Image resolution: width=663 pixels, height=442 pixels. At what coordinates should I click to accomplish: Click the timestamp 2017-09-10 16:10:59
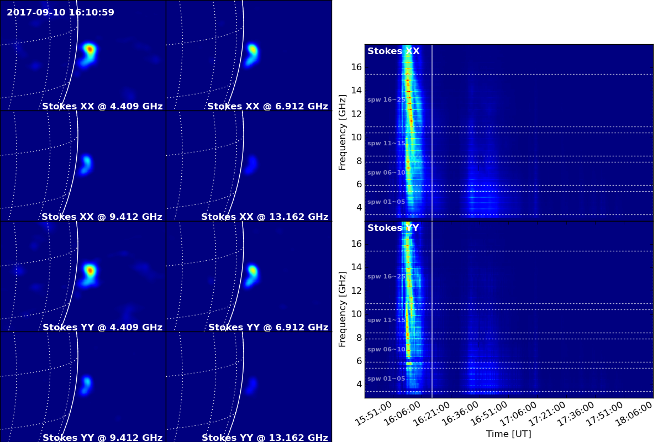[60, 12]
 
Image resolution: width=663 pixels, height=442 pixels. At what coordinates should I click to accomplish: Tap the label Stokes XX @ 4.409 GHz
[102, 106]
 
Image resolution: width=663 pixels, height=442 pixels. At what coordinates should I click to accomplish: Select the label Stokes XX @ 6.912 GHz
[267, 106]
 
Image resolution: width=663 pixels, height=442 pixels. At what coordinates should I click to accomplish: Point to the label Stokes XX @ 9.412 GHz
[102, 217]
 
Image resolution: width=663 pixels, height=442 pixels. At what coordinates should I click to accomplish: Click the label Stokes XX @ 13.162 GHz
[265, 217]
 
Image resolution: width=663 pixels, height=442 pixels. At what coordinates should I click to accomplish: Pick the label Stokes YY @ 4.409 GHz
[102, 327]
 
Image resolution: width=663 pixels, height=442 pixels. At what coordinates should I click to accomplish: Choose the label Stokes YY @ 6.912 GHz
[268, 327]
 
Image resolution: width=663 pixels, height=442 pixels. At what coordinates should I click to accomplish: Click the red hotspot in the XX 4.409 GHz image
[90, 49]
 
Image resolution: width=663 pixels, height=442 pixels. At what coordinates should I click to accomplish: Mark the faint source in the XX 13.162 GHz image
[251, 165]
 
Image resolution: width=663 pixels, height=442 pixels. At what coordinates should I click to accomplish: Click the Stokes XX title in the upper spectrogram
[393, 51]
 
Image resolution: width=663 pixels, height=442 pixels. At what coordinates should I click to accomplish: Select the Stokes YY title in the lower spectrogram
[393, 228]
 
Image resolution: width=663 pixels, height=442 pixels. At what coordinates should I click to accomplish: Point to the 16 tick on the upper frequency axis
[356, 67]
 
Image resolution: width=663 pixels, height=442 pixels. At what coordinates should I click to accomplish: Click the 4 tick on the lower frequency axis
[359, 385]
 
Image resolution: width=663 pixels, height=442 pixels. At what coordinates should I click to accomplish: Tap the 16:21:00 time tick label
[432, 414]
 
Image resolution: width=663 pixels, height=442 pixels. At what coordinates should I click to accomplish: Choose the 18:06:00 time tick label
[634, 414]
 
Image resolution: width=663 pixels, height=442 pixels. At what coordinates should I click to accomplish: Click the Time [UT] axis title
[508, 434]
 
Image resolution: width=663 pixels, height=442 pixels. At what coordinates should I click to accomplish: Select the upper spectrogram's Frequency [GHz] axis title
[342, 133]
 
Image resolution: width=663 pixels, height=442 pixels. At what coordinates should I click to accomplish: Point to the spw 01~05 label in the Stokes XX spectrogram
[386, 202]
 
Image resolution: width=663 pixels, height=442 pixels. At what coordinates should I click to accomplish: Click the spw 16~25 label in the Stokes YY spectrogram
[386, 276]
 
